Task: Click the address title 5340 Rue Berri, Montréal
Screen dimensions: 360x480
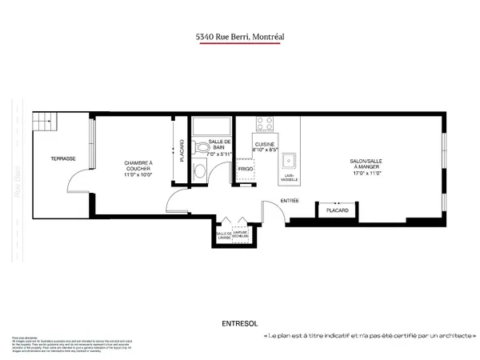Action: pos(240,36)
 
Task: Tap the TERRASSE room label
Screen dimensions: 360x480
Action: pos(63,158)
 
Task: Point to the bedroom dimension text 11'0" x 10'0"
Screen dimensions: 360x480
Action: pos(138,174)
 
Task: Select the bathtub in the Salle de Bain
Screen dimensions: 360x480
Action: pos(210,126)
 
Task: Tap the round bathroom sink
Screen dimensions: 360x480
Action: pos(202,169)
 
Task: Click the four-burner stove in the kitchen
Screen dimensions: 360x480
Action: pos(264,124)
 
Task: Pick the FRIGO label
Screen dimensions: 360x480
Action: pos(246,169)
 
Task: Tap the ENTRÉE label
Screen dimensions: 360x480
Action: pos(289,200)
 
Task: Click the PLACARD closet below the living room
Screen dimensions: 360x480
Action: pos(337,210)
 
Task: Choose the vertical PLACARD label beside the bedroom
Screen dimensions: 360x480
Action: pos(182,151)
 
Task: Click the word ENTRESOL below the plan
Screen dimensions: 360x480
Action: pos(239,324)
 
